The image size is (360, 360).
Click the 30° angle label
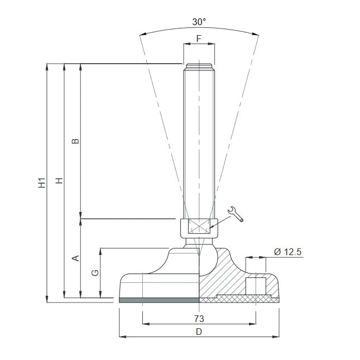[x=199, y=22]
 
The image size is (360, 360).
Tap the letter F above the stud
[x=199, y=39]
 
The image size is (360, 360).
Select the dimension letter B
[x=75, y=141]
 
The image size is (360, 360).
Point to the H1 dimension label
[x=42, y=183]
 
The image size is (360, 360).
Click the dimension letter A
[x=75, y=258]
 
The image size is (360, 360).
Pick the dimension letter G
[x=95, y=273]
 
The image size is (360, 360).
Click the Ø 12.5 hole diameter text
[x=287, y=252]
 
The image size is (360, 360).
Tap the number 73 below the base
[x=199, y=319]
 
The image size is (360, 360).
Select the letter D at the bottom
[x=199, y=332]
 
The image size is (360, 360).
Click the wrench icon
[x=236, y=214]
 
